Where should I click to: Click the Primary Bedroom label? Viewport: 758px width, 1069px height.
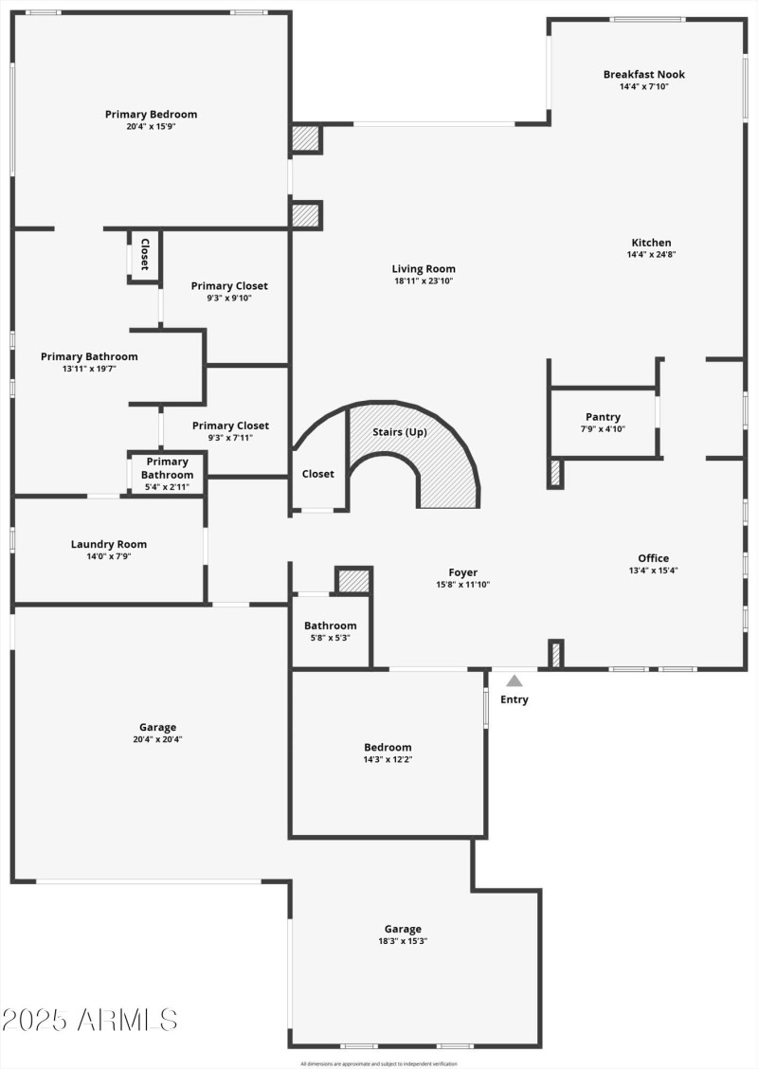tap(152, 115)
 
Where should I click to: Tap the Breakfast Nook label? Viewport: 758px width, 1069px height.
tap(644, 74)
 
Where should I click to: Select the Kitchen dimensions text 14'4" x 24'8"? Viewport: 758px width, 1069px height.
tap(651, 254)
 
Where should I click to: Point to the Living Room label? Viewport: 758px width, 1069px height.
tap(424, 268)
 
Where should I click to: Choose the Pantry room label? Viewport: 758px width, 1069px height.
tap(603, 417)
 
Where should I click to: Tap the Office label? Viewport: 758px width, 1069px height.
tap(654, 558)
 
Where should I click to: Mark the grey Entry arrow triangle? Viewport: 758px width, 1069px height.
tap(514, 680)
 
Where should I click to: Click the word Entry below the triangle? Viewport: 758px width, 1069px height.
tap(514, 699)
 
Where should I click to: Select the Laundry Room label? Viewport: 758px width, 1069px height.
tap(109, 544)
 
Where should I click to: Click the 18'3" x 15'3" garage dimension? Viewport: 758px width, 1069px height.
tap(403, 941)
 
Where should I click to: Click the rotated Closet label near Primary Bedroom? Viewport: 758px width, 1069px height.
tap(145, 255)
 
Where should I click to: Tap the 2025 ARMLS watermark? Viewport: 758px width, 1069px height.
tap(90, 1020)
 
